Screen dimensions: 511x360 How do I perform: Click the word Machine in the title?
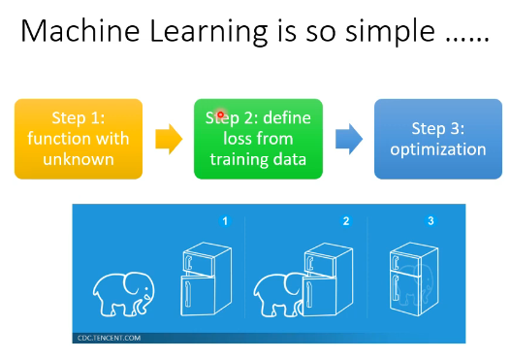coord(80,31)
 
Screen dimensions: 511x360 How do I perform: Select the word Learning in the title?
coord(208,33)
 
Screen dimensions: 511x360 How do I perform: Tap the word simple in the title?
coord(390,33)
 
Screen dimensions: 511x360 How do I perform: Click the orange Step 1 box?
coord(79,139)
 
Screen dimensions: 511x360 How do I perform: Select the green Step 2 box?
coord(259,139)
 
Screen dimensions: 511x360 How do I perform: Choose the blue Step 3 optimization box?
coord(438,139)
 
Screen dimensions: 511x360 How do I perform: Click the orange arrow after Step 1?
coord(169,139)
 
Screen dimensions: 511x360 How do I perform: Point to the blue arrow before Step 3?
coord(349,139)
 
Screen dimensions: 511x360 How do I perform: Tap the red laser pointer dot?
coord(221,115)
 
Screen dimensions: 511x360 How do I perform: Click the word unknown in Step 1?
coord(79,159)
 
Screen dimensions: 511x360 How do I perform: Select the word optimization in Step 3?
coord(438,149)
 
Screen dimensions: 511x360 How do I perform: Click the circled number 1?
coord(225,221)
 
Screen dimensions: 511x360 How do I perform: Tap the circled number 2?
coord(346,221)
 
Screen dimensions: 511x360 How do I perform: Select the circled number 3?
coord(431,221)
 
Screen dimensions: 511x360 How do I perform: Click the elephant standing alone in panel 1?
coord(124,294)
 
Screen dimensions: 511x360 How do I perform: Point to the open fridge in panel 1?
coord(206,279)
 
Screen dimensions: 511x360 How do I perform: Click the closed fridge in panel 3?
coord(414,279)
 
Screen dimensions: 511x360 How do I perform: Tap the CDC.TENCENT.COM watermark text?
coord(109,338)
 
